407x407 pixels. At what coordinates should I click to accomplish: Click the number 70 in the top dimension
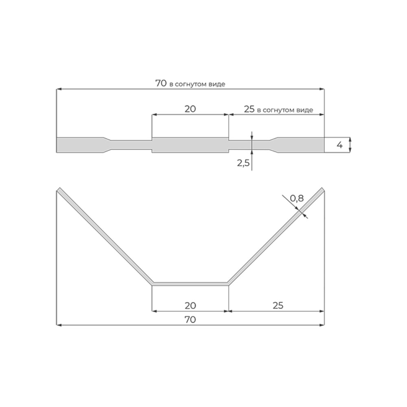[x=161, y=83]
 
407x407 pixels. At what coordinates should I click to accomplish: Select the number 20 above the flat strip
[x=190, y=109]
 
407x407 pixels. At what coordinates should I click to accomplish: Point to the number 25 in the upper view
[x=249, y=109]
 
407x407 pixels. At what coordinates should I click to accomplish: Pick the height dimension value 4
[x=339, y=145]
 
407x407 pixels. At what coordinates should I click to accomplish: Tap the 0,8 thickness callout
[x=297, y=199]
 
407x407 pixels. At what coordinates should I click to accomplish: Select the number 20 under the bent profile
[x=190, y=305]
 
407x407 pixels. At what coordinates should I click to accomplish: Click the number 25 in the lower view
[x=278, y=305]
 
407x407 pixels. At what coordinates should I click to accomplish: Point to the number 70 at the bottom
[x=190, y=320]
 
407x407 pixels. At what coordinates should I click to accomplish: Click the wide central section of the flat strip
[x=190, y=145]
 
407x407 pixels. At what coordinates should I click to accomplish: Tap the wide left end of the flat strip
[x=79, y=145]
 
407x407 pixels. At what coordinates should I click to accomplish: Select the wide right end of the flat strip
[x=301, y=145]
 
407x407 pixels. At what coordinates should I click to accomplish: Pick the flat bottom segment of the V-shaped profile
[x=190, y=284]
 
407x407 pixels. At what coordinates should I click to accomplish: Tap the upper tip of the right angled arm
[x=322, y=190]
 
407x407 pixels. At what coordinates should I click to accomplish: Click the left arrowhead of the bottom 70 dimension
[x=59, y=325]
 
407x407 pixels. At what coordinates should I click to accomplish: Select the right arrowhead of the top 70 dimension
[x=322, y=89]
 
